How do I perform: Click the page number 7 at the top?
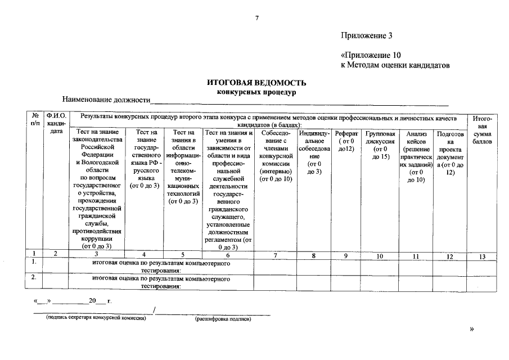pyautogui.click(x=256, y=19)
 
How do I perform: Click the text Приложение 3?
pyautogui.click(x=366, y=36)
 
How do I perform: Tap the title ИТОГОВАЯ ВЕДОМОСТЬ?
pyautogui.click(x=256, y=83)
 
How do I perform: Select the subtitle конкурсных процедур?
pyautogui.click(x=256, y=92)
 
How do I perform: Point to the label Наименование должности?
pyautogui.click(x=106, y=100)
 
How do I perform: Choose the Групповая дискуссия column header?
pyautogui.click(x=381, y=145)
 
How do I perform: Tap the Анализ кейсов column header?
pyautogui.click(x=416, y=156)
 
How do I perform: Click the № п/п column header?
pyautogui.click(x=35, y=119)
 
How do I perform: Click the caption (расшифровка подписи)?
pyautogui.click(x=223, y=319)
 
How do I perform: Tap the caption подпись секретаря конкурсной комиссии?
pyautogui.click(x=96, y=318)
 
